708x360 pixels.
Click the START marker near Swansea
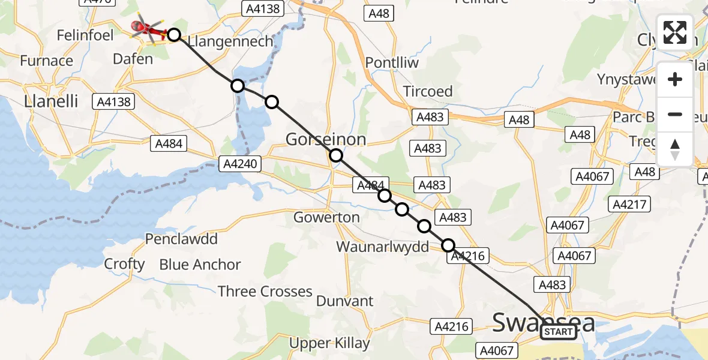pyautogui.click(x=558, y=332)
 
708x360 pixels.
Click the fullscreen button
pyautogui.click(x=675, y=32)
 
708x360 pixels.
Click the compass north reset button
pyautogui.click(x=675, y=149)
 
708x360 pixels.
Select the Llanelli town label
pyautogui.click(x=51, y=101)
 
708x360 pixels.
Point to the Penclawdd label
pyautogui.click(x=181, y=239)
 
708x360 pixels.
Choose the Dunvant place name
pyautogui.click(x=344, y=301)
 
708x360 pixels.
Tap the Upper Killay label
pyautogui.click(x=329, y=343)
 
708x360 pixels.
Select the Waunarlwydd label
pyautogui.click(x=382, y=247)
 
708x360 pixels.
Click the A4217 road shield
pyautogui.click(x=629, y=205)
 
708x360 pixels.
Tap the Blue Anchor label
pyautogui.click(x=200, y=265)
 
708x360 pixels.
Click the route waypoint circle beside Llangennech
pyautogui.click(x=174, y=35)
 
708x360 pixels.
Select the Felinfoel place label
pyautogui.click(x=85, y=35)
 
